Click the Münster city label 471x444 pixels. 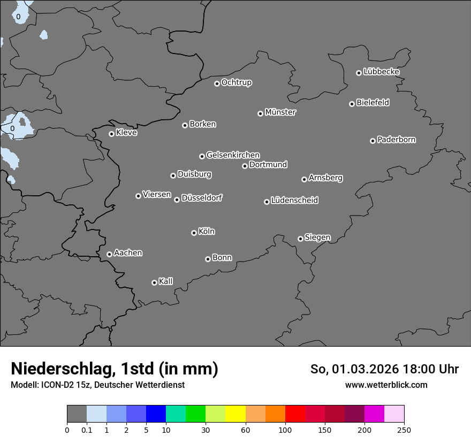(x=280, y=112)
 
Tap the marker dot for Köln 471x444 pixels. (x=194, y=233)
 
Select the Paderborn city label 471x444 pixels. (x=397, y=140)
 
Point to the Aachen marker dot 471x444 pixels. (x=109, y=254)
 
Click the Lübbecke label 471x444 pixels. (x=382, y=72)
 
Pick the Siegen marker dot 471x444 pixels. (x=300, y=239)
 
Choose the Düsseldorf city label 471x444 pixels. (x=202, y=198)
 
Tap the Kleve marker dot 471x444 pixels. (x=111, y=134)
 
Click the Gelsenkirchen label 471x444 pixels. (x=233, y=155)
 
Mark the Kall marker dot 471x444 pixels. (x=154, y=282)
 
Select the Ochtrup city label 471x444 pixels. (x=237, y=82)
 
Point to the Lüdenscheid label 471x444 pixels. (x=294, y=201)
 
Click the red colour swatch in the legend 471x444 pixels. (x=295, y=414)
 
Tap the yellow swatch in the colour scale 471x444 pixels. (x=236, y=414)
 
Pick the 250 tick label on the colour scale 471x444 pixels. (x=404, y=430)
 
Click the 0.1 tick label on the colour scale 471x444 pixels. (x=86, y=430)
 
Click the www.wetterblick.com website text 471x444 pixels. (x=386, y=385)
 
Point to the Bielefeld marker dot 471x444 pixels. (x=352, y=104)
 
